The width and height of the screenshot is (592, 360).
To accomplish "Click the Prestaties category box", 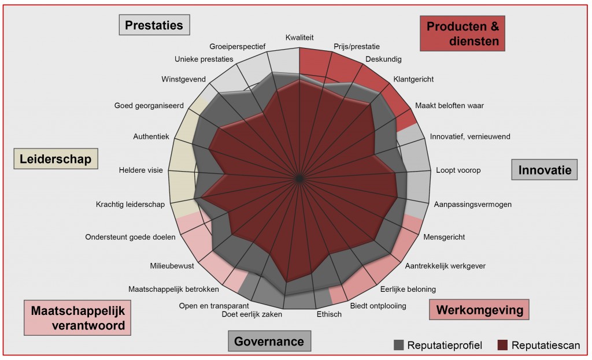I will pos(154,25).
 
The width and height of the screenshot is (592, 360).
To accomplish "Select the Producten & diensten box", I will pos(462,34).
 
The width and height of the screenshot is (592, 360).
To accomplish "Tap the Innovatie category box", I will pos(544,170).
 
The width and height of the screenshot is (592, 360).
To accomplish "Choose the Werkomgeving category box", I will pos(479,310).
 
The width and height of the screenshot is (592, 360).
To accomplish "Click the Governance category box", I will pos(269,341).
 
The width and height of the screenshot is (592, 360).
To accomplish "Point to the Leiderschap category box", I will pos(55,159).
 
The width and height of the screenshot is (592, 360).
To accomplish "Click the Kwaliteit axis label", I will pos(299,38).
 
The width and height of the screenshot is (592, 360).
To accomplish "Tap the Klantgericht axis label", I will pos(413,79).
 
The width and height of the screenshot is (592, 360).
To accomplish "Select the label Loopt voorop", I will pos(458,170).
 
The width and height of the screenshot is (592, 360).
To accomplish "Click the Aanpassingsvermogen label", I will pos(472,204).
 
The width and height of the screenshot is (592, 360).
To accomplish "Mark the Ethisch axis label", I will pos(329,314).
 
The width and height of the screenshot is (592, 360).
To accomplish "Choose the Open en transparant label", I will pos(214,306).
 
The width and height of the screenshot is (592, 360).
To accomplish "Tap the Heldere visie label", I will pos(141,170).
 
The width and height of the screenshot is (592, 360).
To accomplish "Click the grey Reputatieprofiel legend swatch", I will pos(398,346).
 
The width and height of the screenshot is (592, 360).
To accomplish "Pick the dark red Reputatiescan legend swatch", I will pos(502,346).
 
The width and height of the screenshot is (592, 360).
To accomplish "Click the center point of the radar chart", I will pos(299,179).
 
